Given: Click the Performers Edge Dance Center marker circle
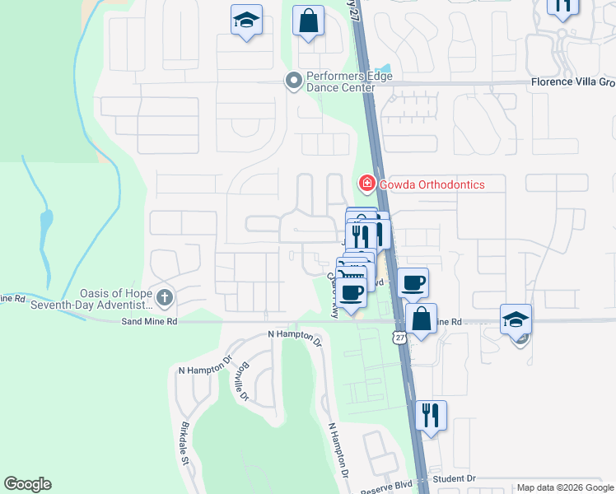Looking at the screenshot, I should pyautogui.click(x=292, y=81).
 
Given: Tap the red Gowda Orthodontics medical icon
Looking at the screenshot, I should pyautogui.click(x=365, y=183).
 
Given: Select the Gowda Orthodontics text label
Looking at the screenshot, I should pyautogui.click(x=431, y=184).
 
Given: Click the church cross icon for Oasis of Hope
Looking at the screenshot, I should pyautogui.click(x=165, y=296).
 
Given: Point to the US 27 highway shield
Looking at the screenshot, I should pyautogui.click(x=399, y=338).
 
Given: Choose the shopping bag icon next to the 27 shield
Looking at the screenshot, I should pyautogui.click(x=420, y=319).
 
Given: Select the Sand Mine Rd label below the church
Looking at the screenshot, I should pyautogui.click(x=149, y=321).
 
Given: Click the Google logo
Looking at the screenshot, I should pyautogui.click(x=27, y=484).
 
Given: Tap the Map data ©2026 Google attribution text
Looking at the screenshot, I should pyautogui.click(x=564, y=487).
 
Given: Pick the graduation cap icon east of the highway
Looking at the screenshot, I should pyautogui.click(x=516, y=319).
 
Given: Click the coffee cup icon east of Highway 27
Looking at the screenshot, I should pyautogui.click(x=413, y=282).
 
